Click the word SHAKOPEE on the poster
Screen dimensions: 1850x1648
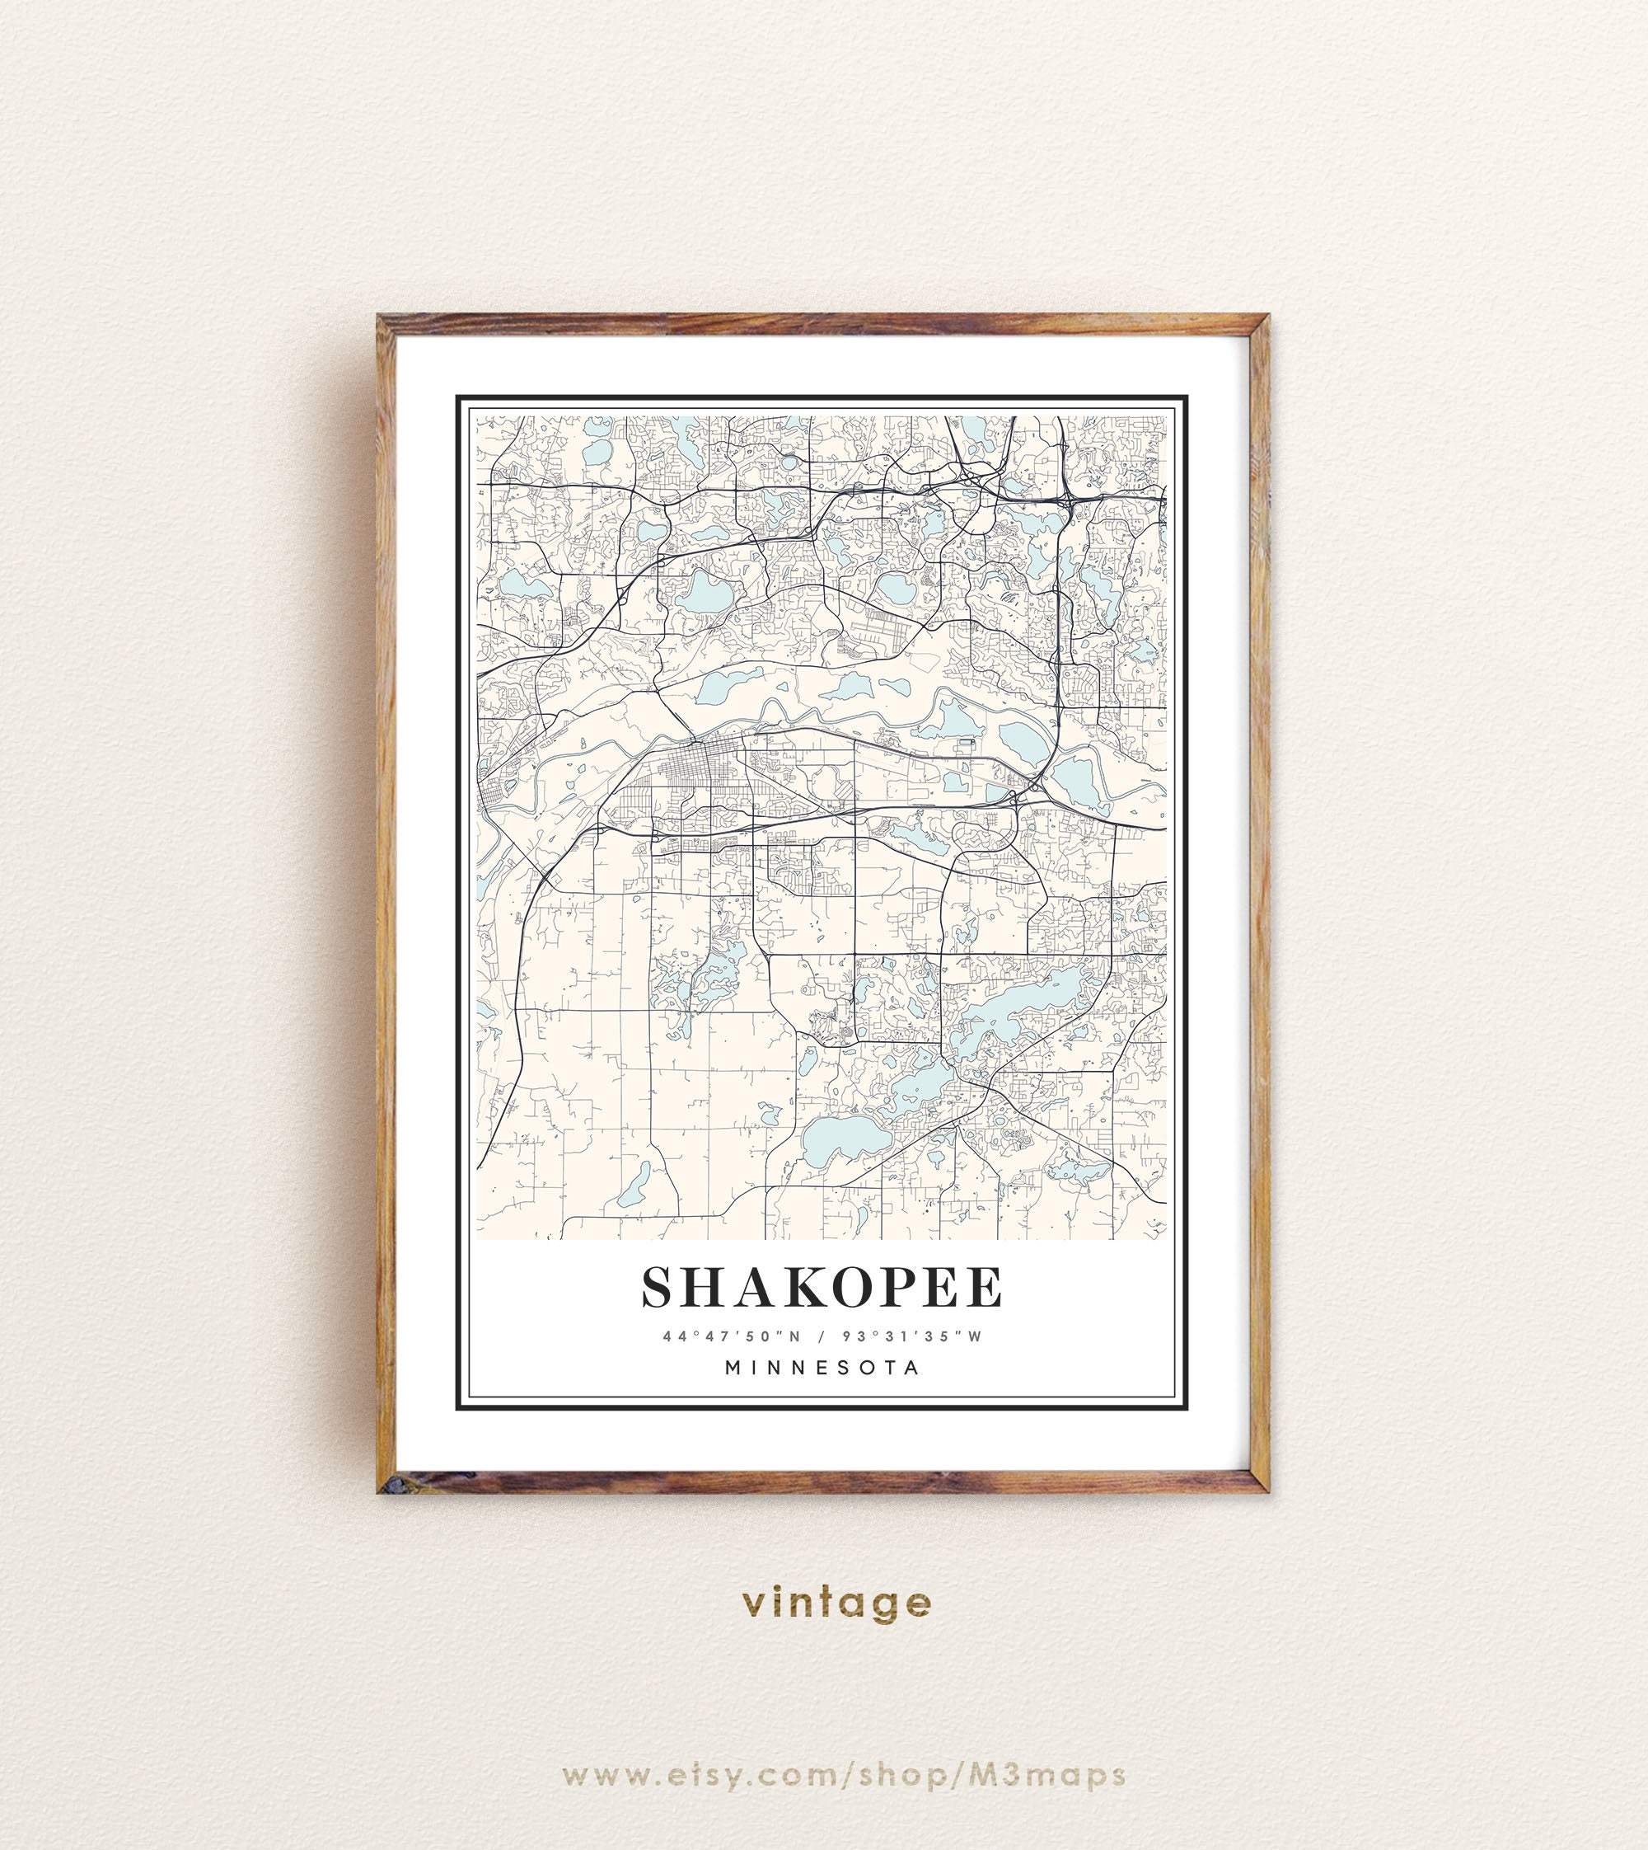point(822,1286)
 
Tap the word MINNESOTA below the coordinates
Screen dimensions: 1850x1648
point(822,1368)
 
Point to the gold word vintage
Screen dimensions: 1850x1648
point(836,1602)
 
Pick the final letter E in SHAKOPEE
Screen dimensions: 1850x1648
point(985,1286)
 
